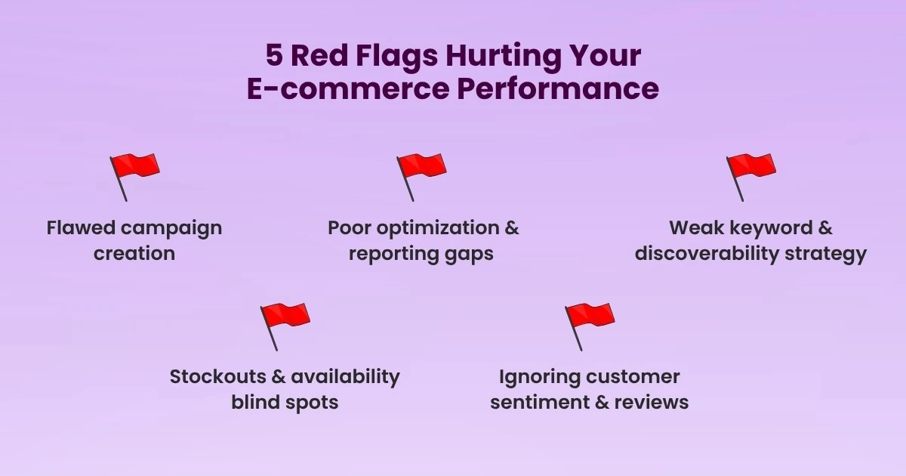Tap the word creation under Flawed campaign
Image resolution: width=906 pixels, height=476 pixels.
[134, 253]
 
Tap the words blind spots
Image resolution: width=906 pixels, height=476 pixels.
[285, 402]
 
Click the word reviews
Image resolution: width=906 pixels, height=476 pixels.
[652, 402]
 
